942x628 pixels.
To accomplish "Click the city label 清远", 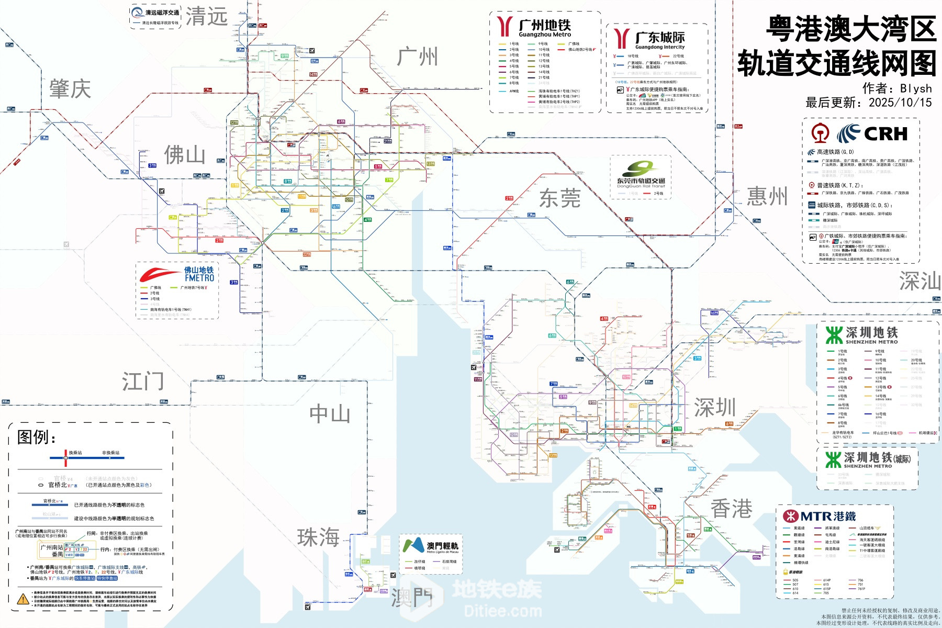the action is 207,17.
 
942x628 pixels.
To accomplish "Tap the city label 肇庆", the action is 70,89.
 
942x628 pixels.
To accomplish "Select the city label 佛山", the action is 184,155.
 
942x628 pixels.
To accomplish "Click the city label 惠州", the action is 767,197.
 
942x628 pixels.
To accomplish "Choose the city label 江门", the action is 143,382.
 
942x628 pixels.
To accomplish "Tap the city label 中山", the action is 330,414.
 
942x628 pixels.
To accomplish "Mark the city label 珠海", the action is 318,537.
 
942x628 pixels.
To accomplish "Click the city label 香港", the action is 731,509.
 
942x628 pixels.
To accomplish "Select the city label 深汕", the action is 919,282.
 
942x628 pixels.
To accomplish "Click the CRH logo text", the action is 885,134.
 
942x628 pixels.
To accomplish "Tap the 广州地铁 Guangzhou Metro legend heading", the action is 544,28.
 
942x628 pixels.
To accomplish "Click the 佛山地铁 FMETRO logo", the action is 178,274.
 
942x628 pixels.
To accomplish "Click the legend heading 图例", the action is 37,437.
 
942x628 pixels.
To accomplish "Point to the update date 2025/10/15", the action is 900,103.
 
